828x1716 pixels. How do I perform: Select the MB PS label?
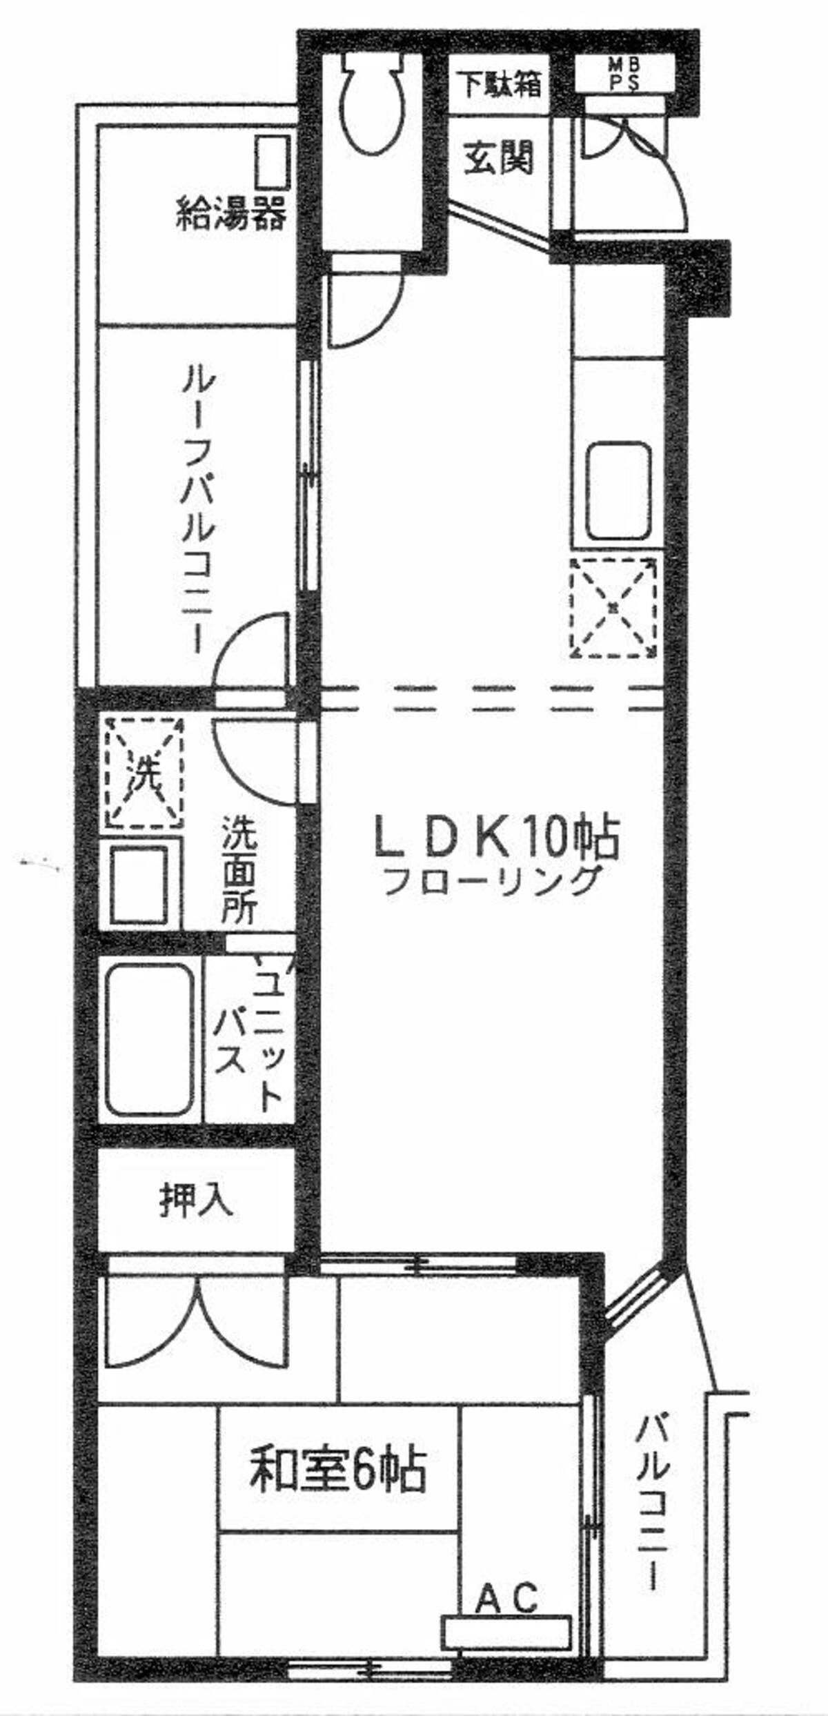click(x=624, y=75)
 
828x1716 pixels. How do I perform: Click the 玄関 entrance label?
click(x=498, y=158)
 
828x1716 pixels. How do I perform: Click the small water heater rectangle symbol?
click(x=272, y=161)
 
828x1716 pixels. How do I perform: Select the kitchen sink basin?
click(x=618, y=491)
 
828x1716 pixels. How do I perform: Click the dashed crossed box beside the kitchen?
click(x=613, y=607)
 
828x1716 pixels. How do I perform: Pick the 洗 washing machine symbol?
click(x=144, y=773)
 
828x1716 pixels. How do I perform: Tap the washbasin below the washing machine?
click(x=141, y=885)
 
